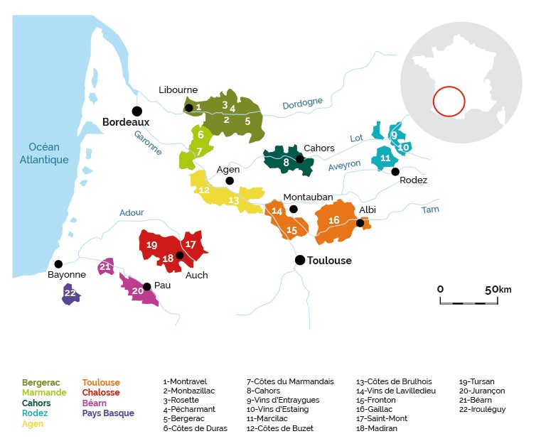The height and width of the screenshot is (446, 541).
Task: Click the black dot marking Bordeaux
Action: [137, 111]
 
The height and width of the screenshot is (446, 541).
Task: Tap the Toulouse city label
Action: [329, 261]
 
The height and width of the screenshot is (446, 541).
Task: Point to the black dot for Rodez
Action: [395, 171]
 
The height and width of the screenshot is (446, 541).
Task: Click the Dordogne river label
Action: [303, 103]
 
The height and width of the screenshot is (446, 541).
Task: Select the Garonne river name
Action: [148, 143]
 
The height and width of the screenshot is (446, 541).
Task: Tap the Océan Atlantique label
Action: [44, 153]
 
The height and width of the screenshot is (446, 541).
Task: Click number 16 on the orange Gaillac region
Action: [334, 220]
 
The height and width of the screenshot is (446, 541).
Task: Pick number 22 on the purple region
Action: [70, 293]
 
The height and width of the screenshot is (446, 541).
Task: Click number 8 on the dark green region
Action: [286, 162]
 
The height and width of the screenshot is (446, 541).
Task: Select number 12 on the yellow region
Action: [204, 190]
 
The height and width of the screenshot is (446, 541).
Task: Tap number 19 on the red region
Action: [152, 245]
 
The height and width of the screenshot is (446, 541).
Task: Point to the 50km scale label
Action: [498, 290]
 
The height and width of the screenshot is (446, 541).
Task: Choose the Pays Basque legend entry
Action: [108, 413]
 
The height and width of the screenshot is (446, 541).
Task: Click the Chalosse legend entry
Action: [101, 393]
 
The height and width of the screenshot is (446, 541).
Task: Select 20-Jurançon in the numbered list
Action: [482, 391]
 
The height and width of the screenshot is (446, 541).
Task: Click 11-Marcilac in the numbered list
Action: [267, 418]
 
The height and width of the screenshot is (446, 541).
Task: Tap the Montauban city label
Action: [308, 197]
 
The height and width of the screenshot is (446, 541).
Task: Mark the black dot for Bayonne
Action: [58, 264]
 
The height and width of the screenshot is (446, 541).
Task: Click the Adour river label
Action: [132, 212]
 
